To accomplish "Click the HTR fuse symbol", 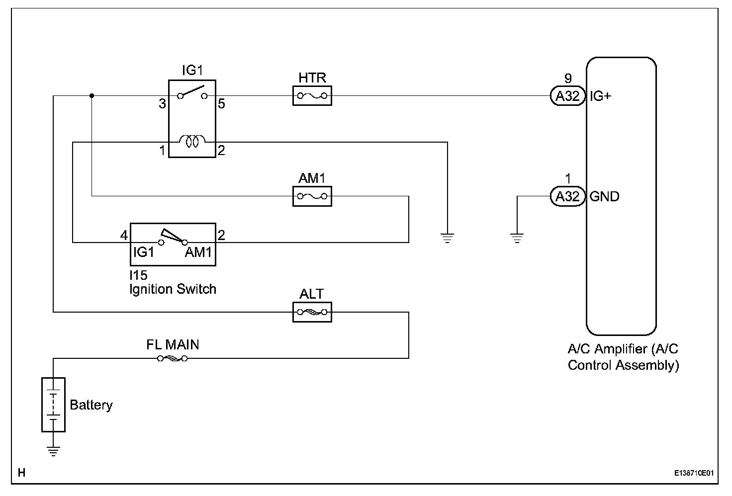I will (x=312, y=96).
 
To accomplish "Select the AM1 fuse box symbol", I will (x=312, y=196).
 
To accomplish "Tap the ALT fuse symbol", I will (x=312, y=312).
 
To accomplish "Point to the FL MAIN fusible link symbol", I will (x=172, y=358).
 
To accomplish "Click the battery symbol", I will (x=53, y=405).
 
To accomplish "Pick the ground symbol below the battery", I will (x=53, y=451).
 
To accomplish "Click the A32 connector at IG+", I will (x=568, y=96).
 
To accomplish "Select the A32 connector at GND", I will (x=568, y=196).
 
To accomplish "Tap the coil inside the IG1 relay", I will (x=192, y=142).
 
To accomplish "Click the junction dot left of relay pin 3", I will (x=91, y=95).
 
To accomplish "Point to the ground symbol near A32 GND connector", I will (x=517, y=238).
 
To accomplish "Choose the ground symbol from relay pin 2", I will (x=448, y=238).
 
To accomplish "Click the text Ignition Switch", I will (x=173, y=289).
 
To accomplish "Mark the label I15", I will (x=138, y=275).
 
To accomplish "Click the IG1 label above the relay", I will (x=192, y=71).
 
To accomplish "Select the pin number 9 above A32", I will (x=568, y=78).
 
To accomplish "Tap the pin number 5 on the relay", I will (x=221, y=104).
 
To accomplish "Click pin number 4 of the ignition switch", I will (x=124, y=235).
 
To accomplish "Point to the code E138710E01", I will (x=694, y=473).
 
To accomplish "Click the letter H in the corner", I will (x=21, y=473).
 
